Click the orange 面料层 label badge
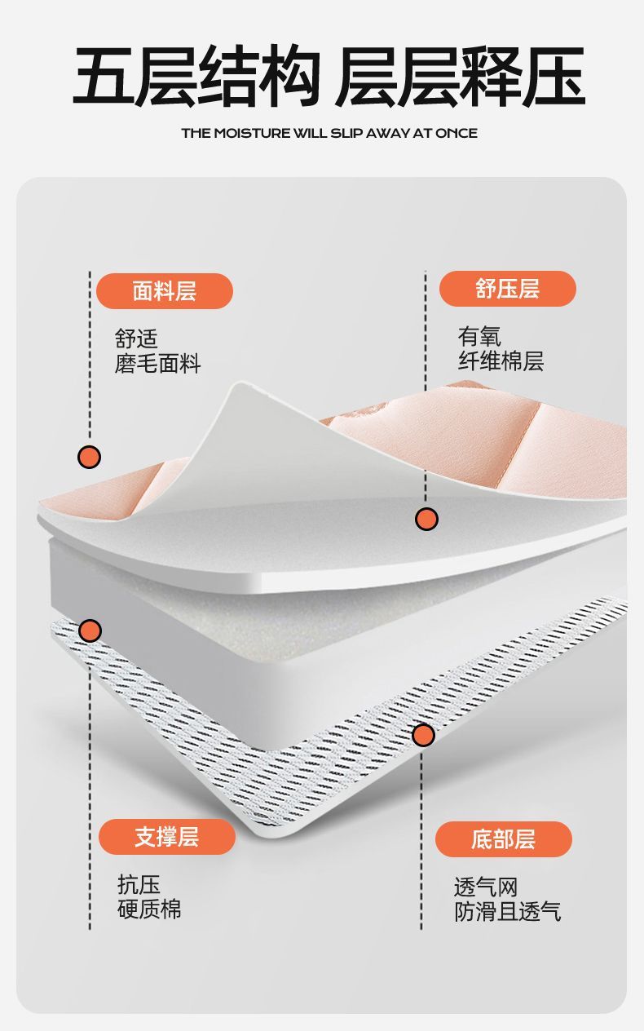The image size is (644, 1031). (165, 290)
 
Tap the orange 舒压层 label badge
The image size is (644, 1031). (507, 289)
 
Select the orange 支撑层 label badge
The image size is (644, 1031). (167, 837)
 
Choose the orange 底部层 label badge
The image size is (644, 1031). (503, 839)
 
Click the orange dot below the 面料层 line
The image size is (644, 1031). (90, 457)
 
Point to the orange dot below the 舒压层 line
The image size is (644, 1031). (426, 518)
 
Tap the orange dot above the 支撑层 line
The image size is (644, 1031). (90, 631)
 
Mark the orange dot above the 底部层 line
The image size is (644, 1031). (423, 735)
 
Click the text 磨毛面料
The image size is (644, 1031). (157, 364)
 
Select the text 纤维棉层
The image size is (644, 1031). (501, 361)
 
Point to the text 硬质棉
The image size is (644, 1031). (149, 909)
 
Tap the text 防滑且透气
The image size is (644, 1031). (507, 911)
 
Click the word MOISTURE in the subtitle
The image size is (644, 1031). (251, 133)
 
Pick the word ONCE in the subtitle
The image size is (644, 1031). (457, 133)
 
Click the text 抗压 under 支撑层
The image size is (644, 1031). (139, 884)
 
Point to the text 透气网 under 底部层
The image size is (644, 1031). (486, 887)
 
